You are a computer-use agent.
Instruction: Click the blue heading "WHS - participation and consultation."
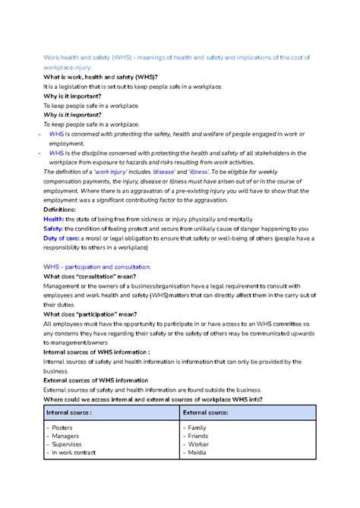coord(97,267)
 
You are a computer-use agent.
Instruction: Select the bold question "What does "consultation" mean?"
coord(90,276)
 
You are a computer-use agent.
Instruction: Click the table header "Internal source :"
coord(69,412)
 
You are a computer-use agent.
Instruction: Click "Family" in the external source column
coord(199,428)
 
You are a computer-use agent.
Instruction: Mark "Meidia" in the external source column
coord(200,453)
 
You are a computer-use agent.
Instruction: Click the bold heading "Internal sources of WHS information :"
coord(96,352)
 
